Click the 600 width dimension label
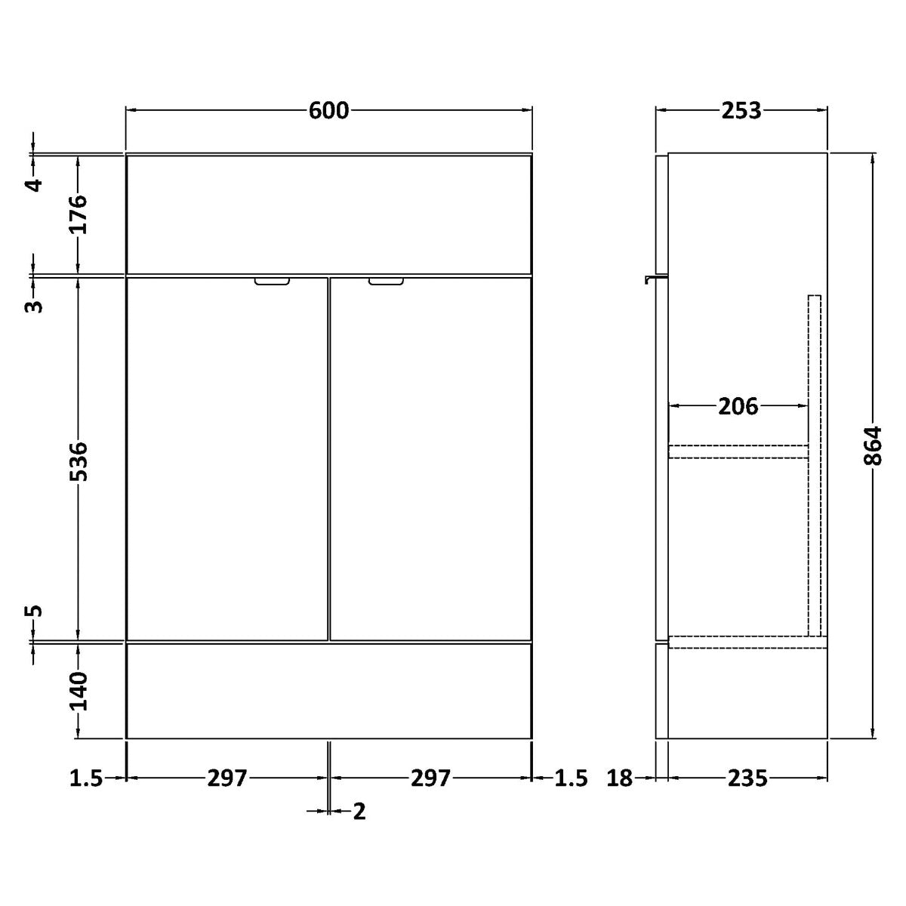click(328, 111)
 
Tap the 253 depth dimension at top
click(741, 111)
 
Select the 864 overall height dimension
click(873, 445)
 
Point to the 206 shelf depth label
click(738, 406)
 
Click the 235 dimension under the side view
click(747, 778)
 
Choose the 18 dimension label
click(620, 778)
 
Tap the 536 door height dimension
click(79, 461)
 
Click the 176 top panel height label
click(79, 214)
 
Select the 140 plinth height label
click(79, 691)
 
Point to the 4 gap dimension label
click(33, 185)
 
